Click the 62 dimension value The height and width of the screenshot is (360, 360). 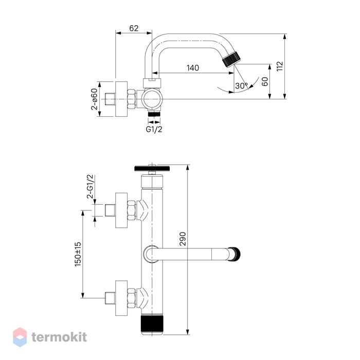pyautogui.click(x=134, y=28)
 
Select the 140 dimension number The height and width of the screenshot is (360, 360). pyautogui.click(x=193, y=68)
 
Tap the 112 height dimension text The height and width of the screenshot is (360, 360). pyautogui.click(x=280, y=66)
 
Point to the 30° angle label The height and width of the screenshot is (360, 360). pyautogui.click(x=242, y=86)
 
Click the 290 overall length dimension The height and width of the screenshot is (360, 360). pyautogui.click(x=183, y=239)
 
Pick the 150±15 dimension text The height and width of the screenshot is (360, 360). pyautogui.click(x=78, y=254)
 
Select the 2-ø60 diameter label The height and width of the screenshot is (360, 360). pyautogui.click(x=94, y=99)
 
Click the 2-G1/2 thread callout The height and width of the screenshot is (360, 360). pyautogui.click(x=90, y=186)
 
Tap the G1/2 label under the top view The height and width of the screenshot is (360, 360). pyautogui.click(x=154, y=129)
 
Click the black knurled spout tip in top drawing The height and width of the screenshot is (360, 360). pyautogui.click(x=231, y=59)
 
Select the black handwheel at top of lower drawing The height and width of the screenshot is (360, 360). pyautogui.click(x=152, y=168)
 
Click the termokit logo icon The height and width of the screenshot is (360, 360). pyautogui.click(x=20, y=337)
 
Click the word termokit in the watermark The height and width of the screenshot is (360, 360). pyautogui.click(x=59, y=337)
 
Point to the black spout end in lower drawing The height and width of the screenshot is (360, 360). pyautogui.click(x=236, y=254)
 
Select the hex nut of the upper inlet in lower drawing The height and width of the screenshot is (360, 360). pyautogui.click(x=132, y=210)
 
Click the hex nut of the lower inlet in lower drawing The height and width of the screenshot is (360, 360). pyautogui.click(x=132, y=298)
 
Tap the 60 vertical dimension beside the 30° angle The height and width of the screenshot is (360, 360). pyautogui.click(x=265, y=81)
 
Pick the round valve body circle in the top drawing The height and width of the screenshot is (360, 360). pyautogui.click(x=152, y=99)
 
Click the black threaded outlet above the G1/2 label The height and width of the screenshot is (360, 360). pyautogui.click(x=154, y=114)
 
